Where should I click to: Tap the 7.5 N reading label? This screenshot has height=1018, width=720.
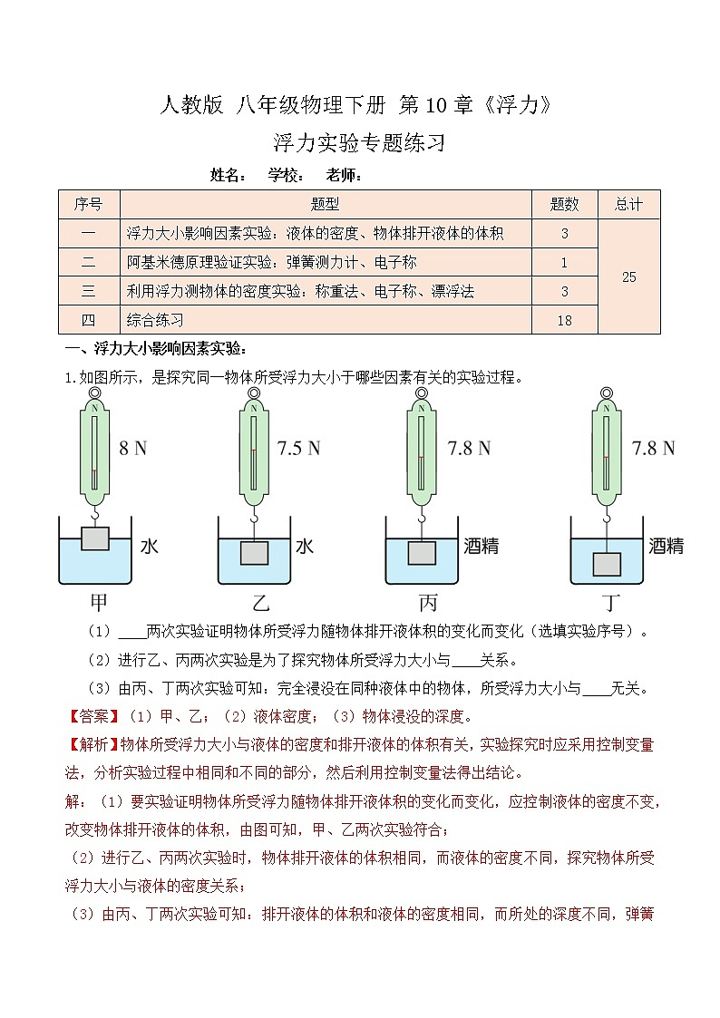point(298,448)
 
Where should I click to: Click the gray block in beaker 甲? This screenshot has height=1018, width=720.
point(94,538)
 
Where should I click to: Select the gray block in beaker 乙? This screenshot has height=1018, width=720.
point(254,553)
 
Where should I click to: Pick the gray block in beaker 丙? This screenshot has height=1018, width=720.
point(421,551)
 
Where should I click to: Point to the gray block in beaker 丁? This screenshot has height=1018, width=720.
point(606,564)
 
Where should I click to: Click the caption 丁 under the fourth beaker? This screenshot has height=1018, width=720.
point(607,603)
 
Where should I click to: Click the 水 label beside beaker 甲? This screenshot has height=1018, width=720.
point(149,547)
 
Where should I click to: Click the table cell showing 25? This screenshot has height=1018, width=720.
point(629,277)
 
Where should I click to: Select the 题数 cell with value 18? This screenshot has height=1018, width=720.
point(564,320)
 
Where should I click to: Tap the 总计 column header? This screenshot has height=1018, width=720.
point(629,205)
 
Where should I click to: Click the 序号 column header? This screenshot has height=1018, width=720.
point(88,205)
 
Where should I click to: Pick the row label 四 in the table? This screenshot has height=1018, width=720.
point(88,320)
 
